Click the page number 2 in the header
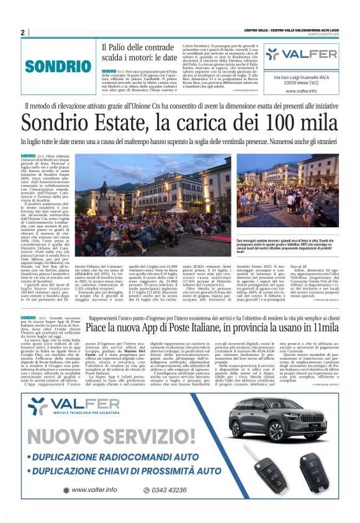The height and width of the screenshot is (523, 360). tap(22, 32)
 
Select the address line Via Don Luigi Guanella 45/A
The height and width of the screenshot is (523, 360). tap(301, 78)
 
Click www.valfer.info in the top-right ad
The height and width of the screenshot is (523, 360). tap(301, 91)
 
